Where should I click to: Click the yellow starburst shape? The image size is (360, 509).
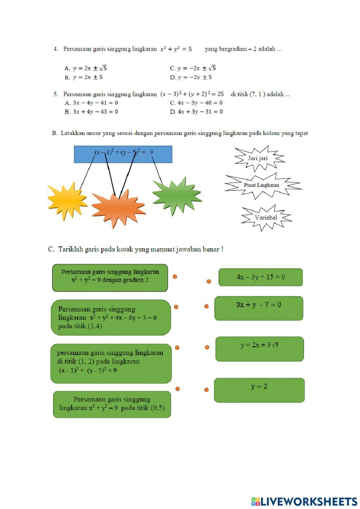tap(66, 200)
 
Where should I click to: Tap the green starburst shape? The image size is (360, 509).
tap(176, 196)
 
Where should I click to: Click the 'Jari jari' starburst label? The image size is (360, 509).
tap(258, 158)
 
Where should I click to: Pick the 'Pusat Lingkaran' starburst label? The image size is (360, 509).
tap(262, 185)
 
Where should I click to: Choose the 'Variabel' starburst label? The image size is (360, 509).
tap(266, 218)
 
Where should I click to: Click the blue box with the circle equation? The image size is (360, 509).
tap(123, 154)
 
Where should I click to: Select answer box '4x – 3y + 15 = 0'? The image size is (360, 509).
tap(261, 277)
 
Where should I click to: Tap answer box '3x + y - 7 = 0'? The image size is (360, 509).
tap(259, 308)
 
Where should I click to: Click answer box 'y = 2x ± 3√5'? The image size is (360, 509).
tap(260, 349)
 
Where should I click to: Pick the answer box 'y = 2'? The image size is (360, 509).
tap(259, 390)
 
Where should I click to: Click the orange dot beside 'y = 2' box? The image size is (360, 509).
tap(206, 389)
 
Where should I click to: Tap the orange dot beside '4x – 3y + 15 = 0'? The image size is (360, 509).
tap(209, 281)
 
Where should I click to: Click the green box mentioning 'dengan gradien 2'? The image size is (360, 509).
tap(110, 277)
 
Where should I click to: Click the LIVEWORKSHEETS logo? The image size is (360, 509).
tap(304, 501)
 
